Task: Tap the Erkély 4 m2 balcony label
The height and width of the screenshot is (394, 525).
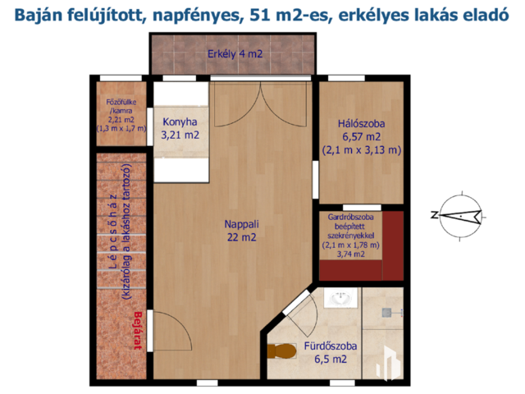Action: tap(235, 54)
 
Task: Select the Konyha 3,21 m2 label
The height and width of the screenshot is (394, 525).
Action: tap(180, 128)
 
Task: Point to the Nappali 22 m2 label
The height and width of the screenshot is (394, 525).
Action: tap(241, 231)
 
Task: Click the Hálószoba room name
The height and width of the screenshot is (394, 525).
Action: tap(361, 124)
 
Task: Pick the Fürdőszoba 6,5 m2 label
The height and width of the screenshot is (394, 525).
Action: tap(330, 352)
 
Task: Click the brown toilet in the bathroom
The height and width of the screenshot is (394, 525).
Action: tap(282, 350)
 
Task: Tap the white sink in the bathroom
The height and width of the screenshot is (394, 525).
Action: tap(340, 298)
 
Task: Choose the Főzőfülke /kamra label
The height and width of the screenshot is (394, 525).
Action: tap(121, 106)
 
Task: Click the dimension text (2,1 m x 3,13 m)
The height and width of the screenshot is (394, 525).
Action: tap(362, 149)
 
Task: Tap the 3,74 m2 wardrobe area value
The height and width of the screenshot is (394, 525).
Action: tap(351, 254)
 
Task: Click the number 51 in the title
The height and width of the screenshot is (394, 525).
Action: tap(260, 15)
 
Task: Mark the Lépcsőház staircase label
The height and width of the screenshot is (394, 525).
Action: tap(115, 232)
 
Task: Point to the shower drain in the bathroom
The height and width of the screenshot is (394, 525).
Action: tap(386, 313)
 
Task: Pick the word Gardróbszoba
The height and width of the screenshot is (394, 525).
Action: tap(351, 217)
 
